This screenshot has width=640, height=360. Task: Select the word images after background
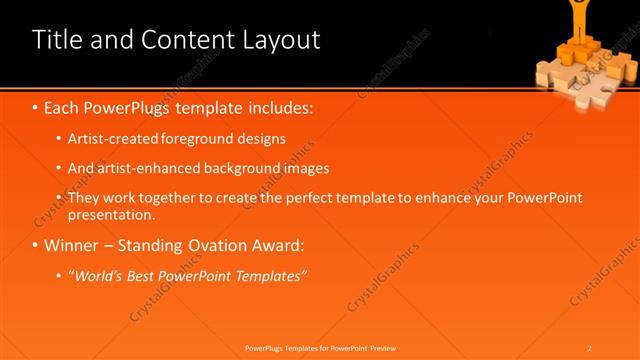click(307, 168)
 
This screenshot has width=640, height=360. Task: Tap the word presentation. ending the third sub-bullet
click(112, 214)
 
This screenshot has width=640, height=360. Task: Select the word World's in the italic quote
click(99, 275)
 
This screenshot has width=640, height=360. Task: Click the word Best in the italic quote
click(146, 275)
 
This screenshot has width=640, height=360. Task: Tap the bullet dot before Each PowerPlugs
click(36, 106)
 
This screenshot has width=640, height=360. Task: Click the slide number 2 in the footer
click(590, 348)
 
